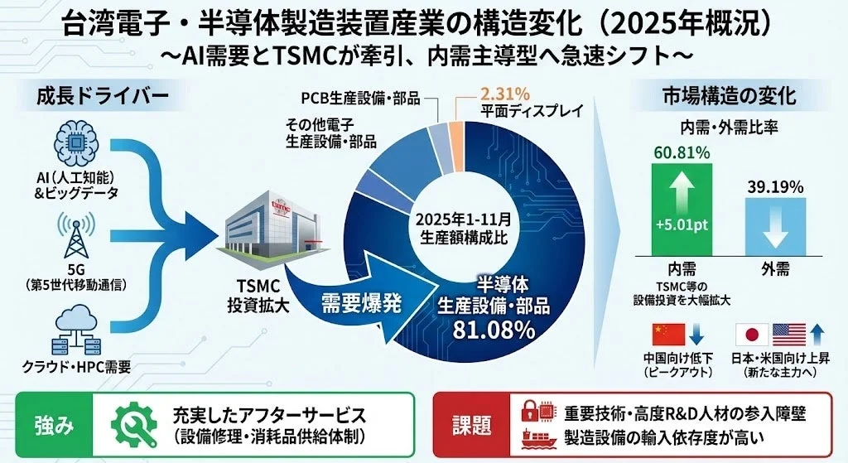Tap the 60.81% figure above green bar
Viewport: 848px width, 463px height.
pos(681,152)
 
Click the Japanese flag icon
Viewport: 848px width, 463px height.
pos(751,333)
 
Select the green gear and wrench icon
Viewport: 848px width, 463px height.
pos(132,425)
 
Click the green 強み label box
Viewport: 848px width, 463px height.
pos(55,426)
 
